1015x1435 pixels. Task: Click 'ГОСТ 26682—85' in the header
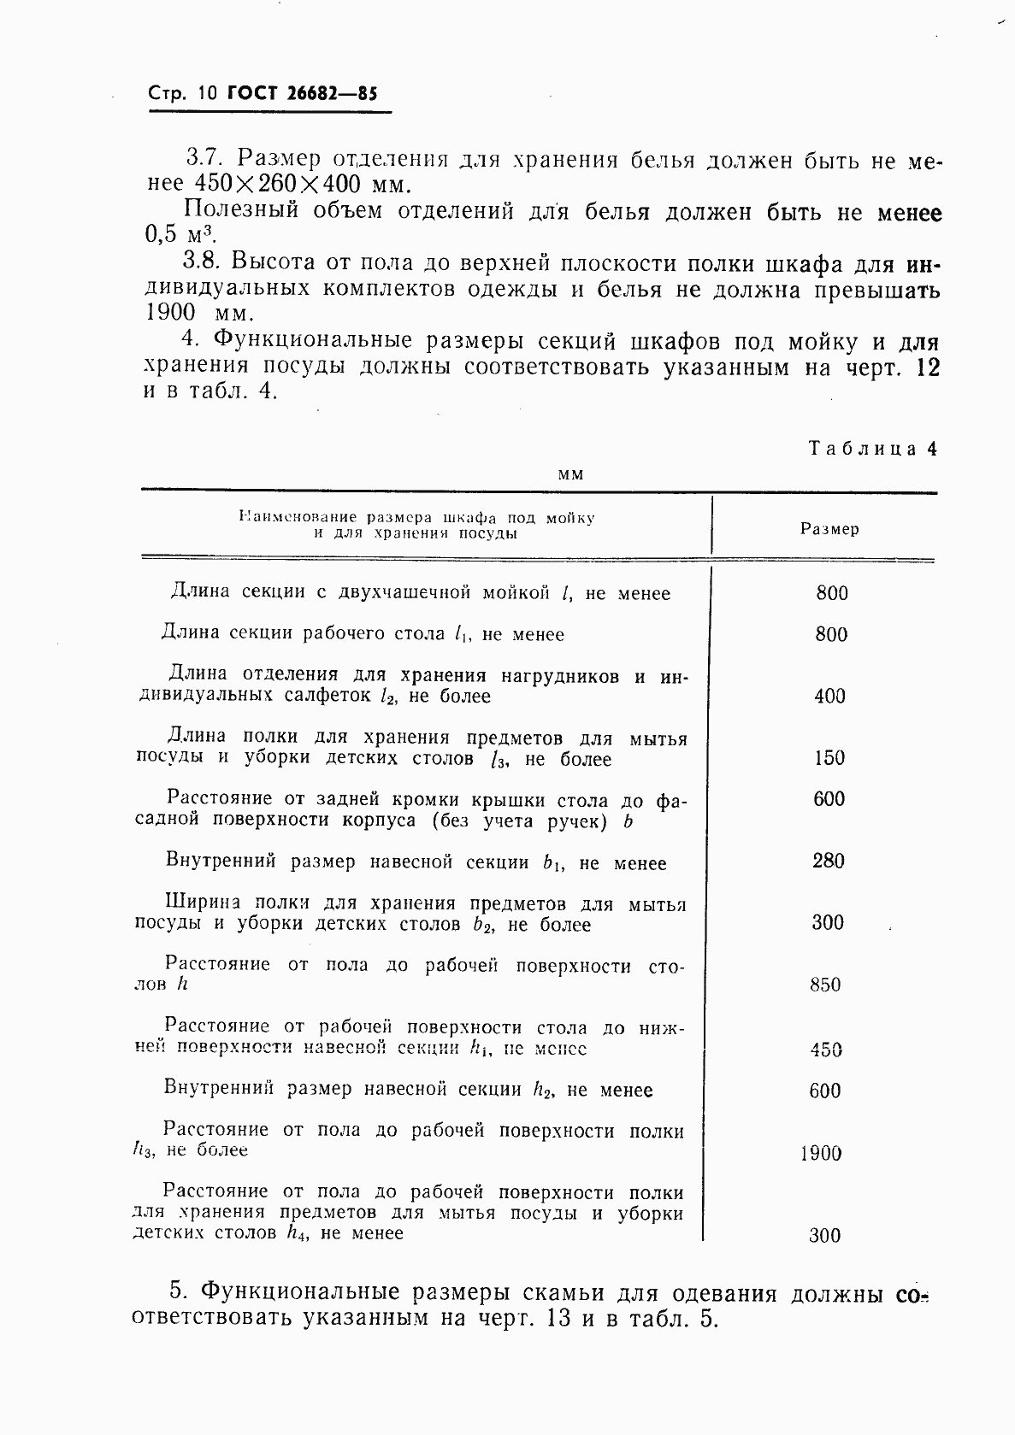click(x=302, y=94)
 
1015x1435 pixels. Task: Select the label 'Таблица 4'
click(x=873, y=449)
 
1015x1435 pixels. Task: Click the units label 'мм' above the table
click(x=570, y=474)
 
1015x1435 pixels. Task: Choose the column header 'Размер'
click(x=829, y=529)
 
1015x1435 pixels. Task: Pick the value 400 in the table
click(x=829, y=697)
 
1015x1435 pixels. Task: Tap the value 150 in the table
click(x=829, y=758)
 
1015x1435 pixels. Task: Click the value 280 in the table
click(x=829, y=861)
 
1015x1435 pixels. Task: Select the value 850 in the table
click(x=825, y=985)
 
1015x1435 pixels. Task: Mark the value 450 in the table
click(x=826, y=1050)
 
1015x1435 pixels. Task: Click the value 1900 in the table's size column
click(x=821, y=1154)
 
